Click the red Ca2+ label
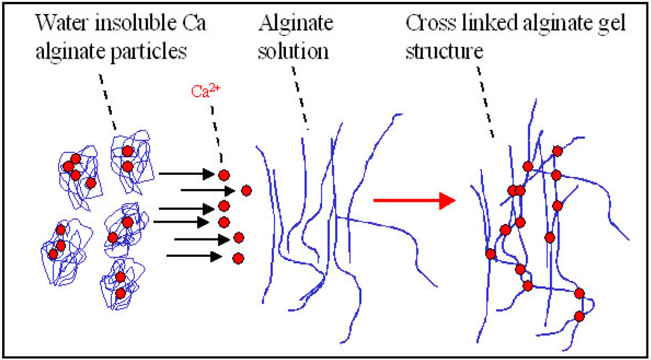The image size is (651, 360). (x=205, y=90)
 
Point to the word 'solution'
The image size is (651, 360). (x=293, y=51)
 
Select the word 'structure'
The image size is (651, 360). (x=444, y=51)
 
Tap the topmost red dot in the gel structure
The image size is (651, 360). (x=558, y=151)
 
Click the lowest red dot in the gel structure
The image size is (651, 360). (x=579, y=316)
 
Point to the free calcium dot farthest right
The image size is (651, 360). (x=247, y=190)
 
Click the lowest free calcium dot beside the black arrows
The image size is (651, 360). (x=238, y=258)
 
